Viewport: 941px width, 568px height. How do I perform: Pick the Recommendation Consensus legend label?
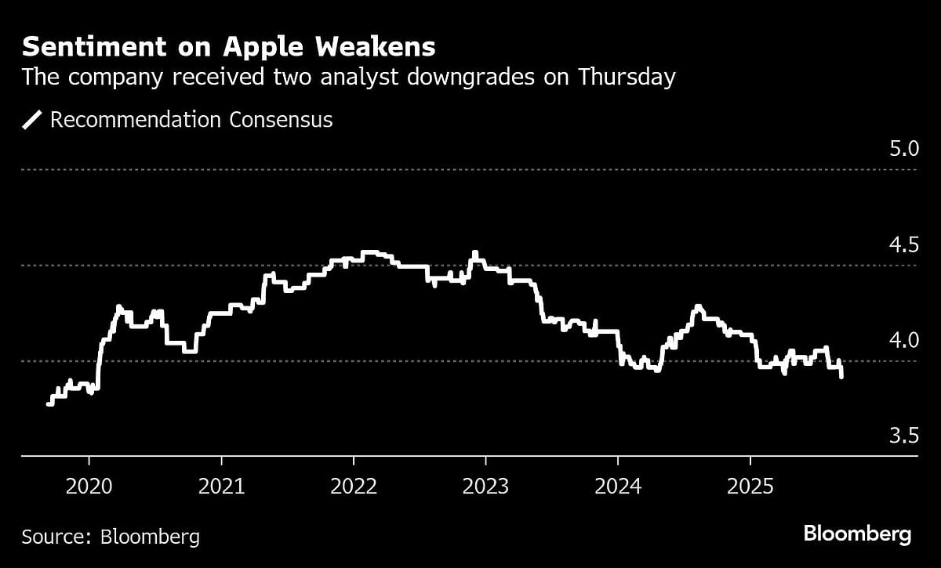pos(191,120)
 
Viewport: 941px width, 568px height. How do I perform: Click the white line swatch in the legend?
pos(33,120)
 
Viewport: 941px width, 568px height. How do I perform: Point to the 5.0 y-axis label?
pos(903,149)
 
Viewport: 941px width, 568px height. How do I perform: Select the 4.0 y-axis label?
pos(903,341)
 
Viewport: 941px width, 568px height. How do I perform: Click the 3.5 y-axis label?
pos(903,436)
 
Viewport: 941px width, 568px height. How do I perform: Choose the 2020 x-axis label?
pos(89,487)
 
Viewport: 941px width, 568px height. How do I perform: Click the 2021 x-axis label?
pos(221,487)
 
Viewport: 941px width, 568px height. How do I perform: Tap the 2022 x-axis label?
pos(354,487)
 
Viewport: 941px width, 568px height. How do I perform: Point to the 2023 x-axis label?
pos(485,487)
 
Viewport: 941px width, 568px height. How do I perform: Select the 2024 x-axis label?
pos(618,487)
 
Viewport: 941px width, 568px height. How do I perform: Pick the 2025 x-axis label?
pos(750,487)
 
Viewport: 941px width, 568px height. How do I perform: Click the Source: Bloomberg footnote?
pos(111,537)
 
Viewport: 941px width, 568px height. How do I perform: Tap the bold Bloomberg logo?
pos(857,535)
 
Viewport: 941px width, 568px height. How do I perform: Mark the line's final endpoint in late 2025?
pos(841,377)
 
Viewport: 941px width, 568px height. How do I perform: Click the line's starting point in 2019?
pos(49,404)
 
